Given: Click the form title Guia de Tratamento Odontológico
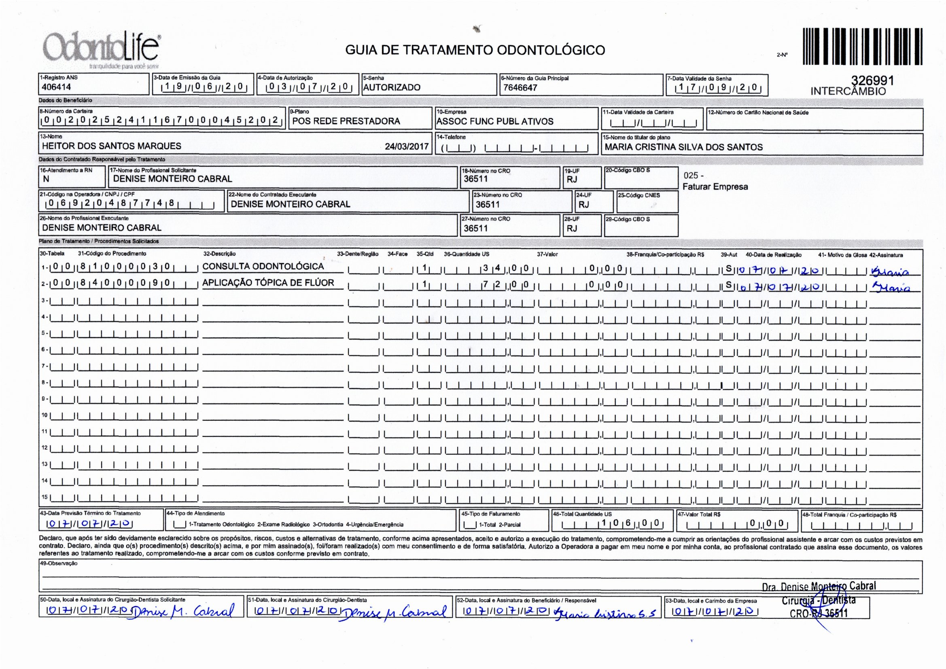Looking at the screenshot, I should tap(475, 50).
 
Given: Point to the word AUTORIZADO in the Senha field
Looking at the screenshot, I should tap(391, 87).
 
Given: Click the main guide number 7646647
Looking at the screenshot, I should tap(520, 87).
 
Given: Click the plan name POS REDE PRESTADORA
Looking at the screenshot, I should tap(346, 121).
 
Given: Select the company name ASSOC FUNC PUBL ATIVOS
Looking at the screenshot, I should tap(494, 121).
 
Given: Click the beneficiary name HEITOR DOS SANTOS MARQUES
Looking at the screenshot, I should tap(111, 146).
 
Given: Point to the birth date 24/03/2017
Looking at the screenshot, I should tap(406, 146).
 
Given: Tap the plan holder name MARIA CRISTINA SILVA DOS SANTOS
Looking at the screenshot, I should tap(683, 147).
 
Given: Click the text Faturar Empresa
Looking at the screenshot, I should tap(715, 186).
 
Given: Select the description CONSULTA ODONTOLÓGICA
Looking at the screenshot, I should tap(263, 267).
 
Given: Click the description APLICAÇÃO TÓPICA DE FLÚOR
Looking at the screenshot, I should tap(268, 283).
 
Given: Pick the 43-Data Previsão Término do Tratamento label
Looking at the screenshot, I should tap(90, 513).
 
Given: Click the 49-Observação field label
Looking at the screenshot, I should tap(59, 563).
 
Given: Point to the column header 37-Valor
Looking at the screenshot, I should tap(547, 254).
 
